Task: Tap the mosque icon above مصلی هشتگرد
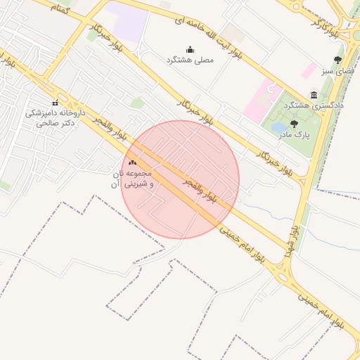[x=190, y=49]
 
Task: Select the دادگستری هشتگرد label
[x=314, y=105]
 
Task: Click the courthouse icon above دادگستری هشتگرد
[x=314, y=95]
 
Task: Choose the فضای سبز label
[x=339, y=70]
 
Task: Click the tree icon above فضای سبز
[x=338, y=60]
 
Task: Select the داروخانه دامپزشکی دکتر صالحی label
[x=56, y=117]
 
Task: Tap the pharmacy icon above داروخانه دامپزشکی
[x=56, y=103]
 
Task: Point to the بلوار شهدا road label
[x=292, y=240]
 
